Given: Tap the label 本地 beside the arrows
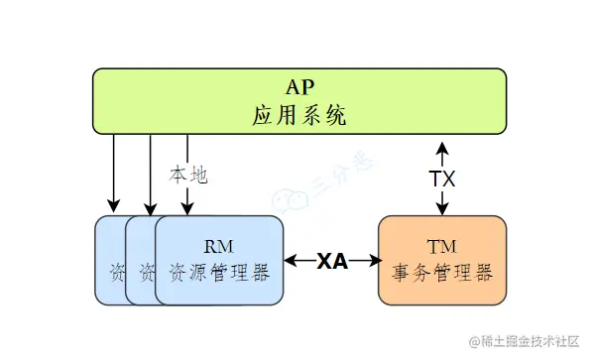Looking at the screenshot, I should [x=188, y=176].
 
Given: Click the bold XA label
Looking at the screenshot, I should [x=332, y=262].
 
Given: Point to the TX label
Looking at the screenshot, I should [x=442, y=179].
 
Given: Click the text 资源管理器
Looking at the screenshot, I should [x=219, y=271].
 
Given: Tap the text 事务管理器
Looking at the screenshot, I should [x=442, y=271].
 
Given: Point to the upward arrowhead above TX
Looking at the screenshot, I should [x=442, y=147].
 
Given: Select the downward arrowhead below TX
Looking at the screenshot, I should [x=442, y=207].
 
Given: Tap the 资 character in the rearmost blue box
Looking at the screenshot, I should [x=115, y=271].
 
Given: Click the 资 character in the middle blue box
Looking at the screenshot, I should [x=146, y=271].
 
